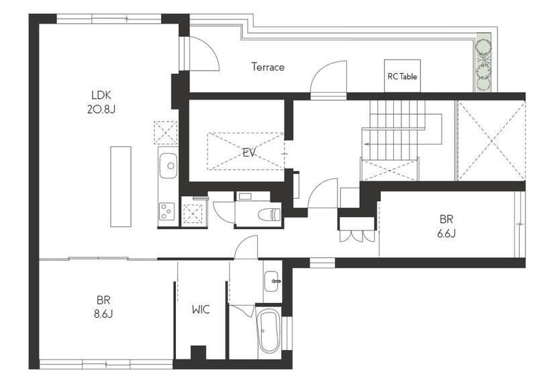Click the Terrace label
268,67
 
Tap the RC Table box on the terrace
402,76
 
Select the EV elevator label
249,153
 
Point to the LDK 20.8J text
101,102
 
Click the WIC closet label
201,310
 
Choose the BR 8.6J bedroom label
103,307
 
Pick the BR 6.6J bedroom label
446,226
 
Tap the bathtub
269,331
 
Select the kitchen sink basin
168,165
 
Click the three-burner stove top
166,212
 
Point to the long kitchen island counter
121,187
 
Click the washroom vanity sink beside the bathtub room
272,281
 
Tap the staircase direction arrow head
365,144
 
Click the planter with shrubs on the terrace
483,62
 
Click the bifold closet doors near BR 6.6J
357,237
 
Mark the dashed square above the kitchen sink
165,132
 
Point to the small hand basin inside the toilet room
245,196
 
